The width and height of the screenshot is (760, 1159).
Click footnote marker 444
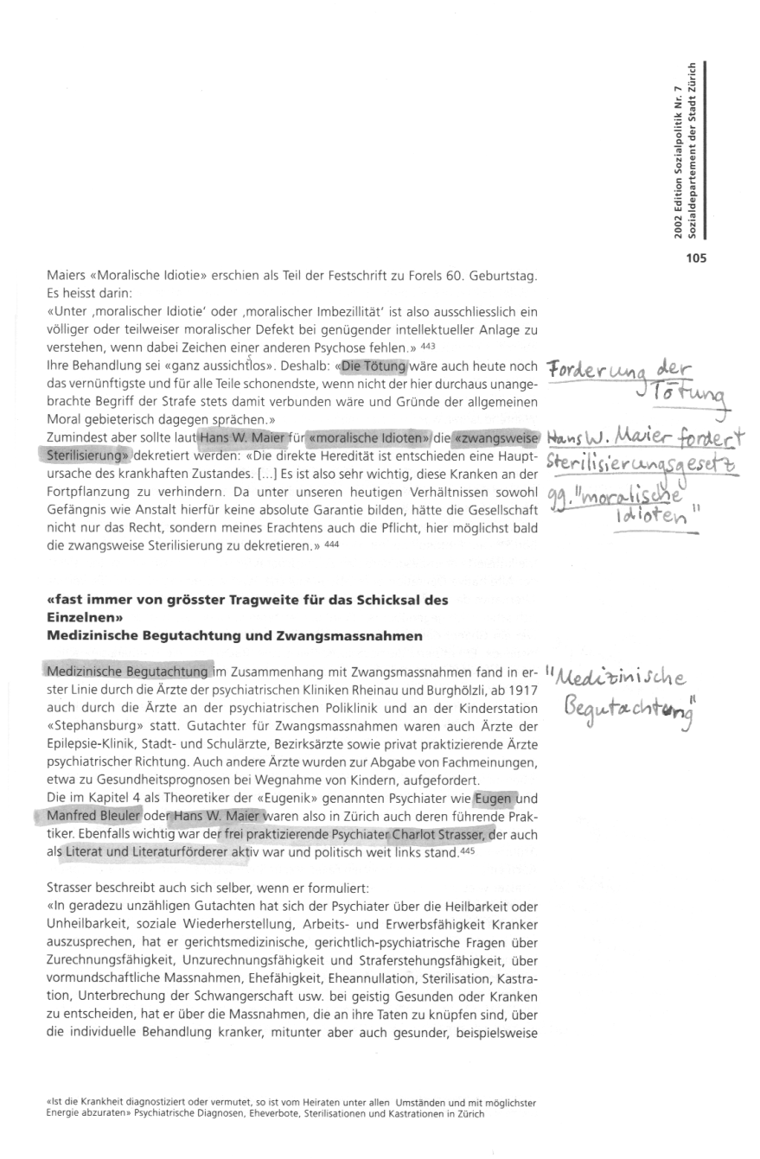coord(331,544)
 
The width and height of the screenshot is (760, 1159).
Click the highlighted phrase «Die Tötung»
coord(374,365)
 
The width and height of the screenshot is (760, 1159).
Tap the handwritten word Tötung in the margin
coord(689,398)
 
